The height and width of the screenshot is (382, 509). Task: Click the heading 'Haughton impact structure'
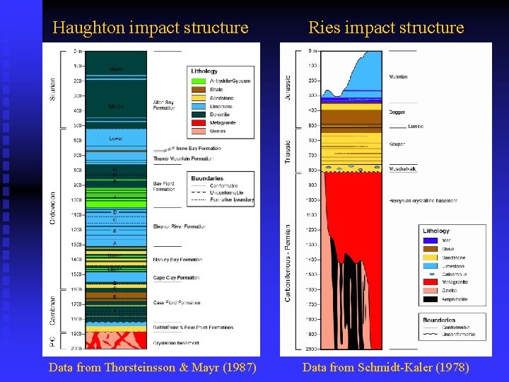pyautogui.click(x=151, y=28)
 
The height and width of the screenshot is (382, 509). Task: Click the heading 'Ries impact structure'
pyautogui.click(x=386, y=28)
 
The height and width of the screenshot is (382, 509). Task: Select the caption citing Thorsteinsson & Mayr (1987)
pyautogui.click(x=152, y=367)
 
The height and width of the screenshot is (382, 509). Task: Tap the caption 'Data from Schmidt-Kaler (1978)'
pyautogui.click(x=385, y=367)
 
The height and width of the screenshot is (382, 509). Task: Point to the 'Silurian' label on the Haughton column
pyautogui.click(x=53, y=88)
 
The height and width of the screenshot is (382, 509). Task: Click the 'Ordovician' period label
pyautogui.click(x=53, y=201)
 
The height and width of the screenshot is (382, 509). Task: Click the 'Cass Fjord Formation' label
pyautogui.click(x=177, y=303)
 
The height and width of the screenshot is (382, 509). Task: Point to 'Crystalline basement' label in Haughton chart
pyautogui.click(x=175, y=343)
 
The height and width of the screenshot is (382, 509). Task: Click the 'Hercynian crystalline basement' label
pyautogui.click(x=423, y=201)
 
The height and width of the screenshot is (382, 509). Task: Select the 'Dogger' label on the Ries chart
pyautogui.click(x=398, y=112)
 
